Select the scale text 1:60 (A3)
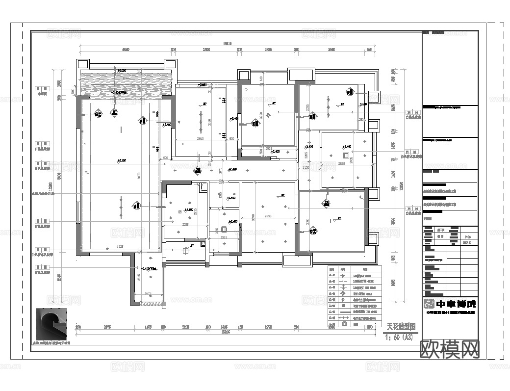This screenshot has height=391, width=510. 401,337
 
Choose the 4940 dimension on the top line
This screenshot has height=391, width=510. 126,50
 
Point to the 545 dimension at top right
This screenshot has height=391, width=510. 369,50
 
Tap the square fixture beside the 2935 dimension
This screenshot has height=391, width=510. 345,156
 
